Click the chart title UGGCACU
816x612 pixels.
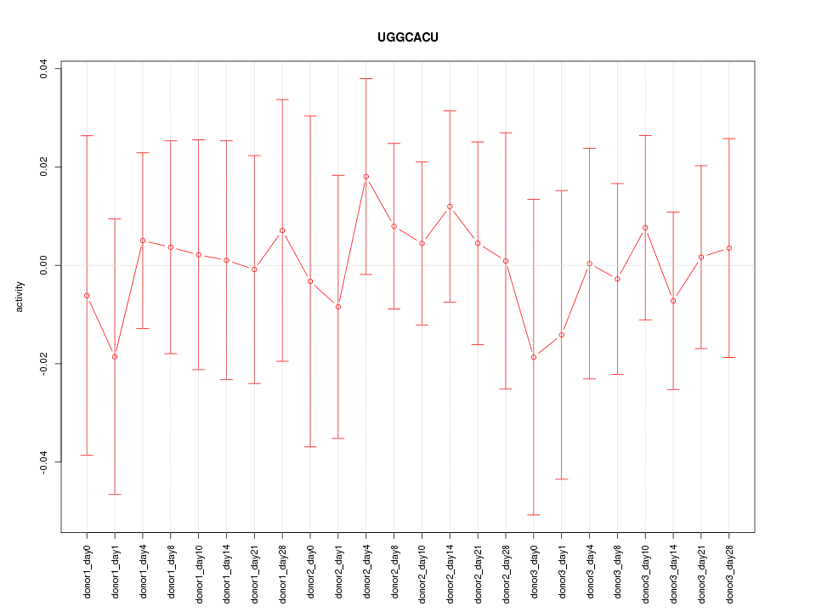[x=408, y=38]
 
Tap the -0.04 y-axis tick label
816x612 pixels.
[x=44, y=462]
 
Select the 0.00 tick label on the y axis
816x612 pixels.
[x=44, y=265]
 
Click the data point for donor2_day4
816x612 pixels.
[x=366, y=177]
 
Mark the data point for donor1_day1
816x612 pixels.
[x=115, y=357]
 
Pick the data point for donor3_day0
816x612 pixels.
[x=534, y=357]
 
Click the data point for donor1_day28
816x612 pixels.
[x=282, y=230]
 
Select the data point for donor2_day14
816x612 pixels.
[x=450, y=207]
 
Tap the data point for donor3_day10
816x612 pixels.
[x=645, y=228]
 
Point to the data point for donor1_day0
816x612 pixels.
[x=87, y=296]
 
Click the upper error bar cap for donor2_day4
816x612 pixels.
[x=366, y=79]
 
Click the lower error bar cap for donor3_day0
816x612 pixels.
[x=534, y=515]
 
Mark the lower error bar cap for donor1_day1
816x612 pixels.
[x=115, y=495]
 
